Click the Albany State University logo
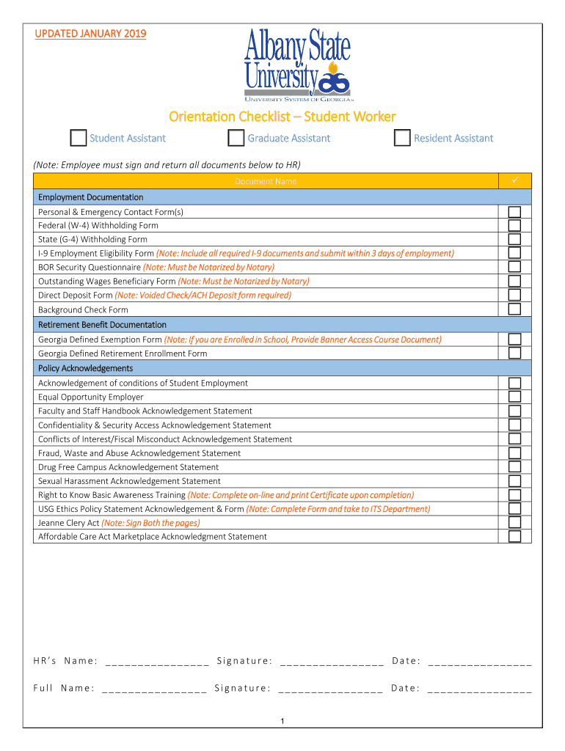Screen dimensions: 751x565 297,65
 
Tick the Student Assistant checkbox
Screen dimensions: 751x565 78,138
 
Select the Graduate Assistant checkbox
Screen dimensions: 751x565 236,138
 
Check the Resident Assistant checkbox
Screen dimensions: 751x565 402,138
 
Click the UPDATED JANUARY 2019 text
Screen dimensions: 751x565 90,34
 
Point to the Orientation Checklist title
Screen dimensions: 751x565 282,117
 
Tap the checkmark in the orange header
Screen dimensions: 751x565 515,180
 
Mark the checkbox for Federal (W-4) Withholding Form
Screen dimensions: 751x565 515,226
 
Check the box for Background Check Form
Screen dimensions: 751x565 515,309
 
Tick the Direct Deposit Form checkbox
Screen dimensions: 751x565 515,296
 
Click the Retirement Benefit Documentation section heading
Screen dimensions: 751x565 102,324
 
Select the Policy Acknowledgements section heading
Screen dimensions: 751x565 85,368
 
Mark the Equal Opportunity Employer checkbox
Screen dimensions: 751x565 515,397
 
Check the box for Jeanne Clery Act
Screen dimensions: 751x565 515,523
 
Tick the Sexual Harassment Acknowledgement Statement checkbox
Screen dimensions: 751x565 515,481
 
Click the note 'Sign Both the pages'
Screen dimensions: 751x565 150,523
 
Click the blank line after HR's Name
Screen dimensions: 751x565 157,662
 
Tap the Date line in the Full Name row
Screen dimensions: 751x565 479,689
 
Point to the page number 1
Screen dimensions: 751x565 282,722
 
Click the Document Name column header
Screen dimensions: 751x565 266,181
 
